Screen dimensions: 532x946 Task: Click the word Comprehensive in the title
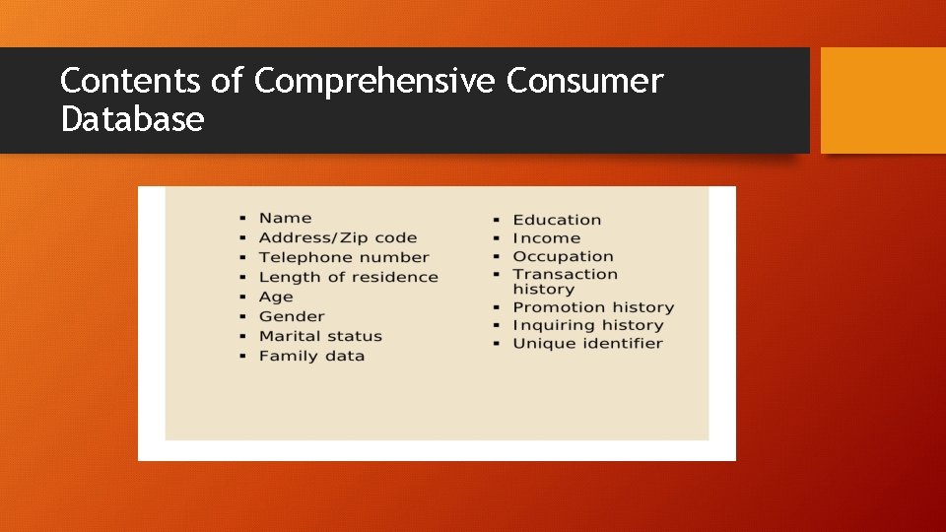click(375, 82)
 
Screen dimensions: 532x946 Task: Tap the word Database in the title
click(132, 120)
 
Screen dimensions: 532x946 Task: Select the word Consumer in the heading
click(585, 81)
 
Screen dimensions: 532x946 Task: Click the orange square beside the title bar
click(883, 100)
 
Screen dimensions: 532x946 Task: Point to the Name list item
click(285, 218)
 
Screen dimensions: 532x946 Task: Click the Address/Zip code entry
click(337, 237)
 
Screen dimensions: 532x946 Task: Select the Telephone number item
click(344, 257)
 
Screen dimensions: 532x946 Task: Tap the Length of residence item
click(348, 277)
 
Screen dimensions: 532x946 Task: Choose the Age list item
click(276, 297)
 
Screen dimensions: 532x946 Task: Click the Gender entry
click(292, 316)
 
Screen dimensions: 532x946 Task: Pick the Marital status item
click(320, 336)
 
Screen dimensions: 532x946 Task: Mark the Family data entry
click(311, 356)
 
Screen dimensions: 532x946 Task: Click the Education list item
click(557, 220)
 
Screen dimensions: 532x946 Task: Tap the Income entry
click(546, 238)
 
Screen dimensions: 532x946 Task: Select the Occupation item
click(563, 256)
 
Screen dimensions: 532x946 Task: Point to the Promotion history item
click(593, 307)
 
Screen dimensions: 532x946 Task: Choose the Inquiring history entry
click(588, 325)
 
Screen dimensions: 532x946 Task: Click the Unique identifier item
click(587, 343)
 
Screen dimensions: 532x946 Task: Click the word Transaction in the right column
click(565, 274)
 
